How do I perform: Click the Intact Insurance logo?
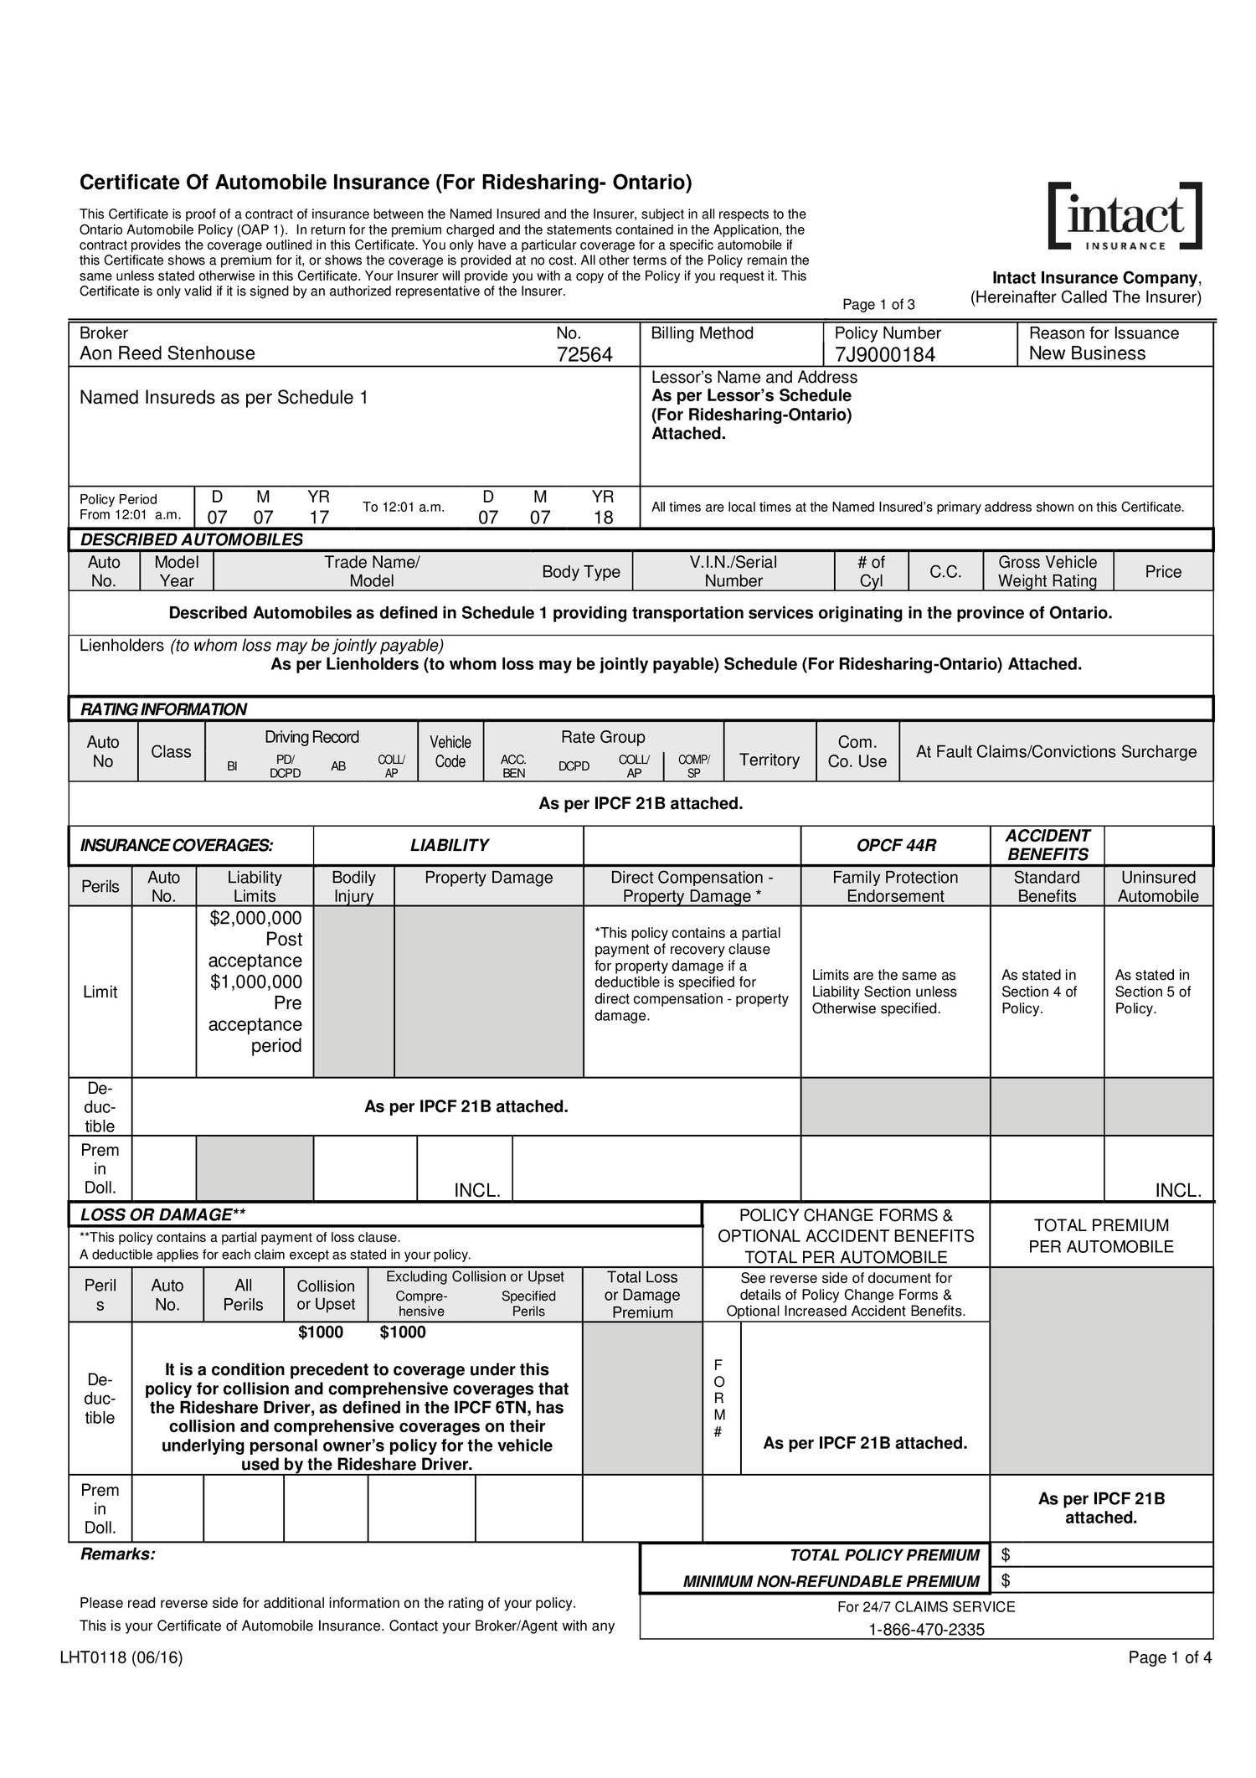1125,216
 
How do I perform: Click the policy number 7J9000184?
885,355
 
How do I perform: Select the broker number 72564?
584,355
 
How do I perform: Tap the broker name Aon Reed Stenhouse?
167,353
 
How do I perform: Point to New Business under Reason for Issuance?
1086,353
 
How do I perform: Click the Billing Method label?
702,333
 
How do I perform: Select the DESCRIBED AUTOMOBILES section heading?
191,539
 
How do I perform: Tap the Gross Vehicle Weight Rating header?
1047,571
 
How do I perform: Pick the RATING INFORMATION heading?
163,709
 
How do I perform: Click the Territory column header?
769,760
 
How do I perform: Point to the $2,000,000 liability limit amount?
255,918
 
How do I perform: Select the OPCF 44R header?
895,845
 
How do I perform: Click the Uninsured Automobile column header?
1158,886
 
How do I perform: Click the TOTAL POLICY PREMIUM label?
884,1555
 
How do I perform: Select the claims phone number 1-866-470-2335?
926,1629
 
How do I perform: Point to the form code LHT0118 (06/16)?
121,1658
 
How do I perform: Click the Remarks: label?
117,1554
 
